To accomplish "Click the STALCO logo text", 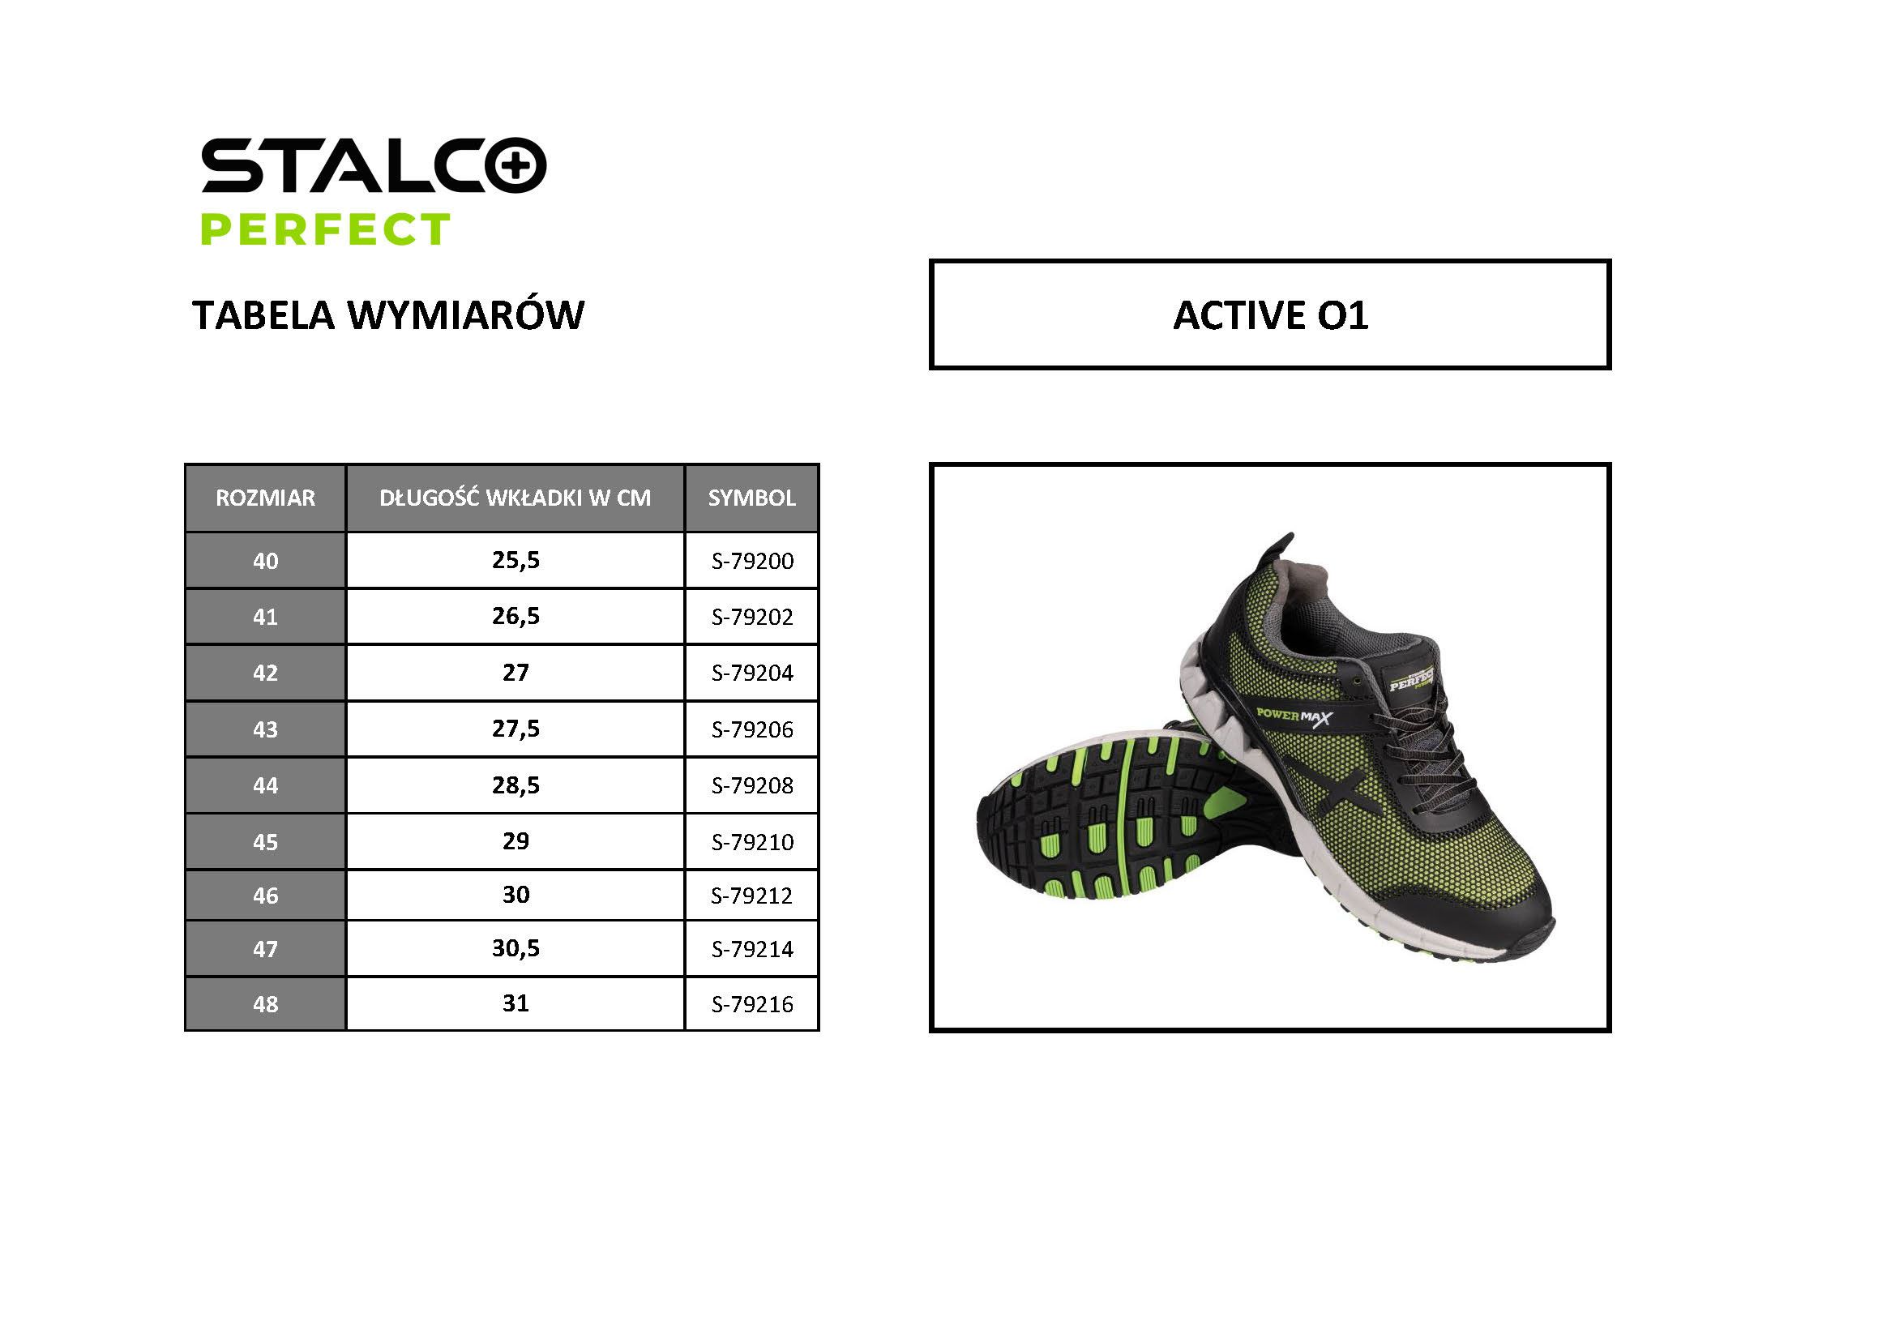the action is pyautogui.click(x=373, y=165).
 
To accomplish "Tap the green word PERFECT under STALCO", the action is pyautogui.click(x=326, y=229).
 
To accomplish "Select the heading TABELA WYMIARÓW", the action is pyautogui.click(x=388, y=314).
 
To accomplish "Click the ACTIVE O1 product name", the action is pyautogui.click(x=1270, y=314).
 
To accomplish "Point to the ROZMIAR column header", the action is pyautogui.click(x=265, y=498).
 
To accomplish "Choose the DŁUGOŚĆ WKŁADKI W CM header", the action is pyautogui.click(x=515, y=498).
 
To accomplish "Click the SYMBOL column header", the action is pyautogui.click(x=752, y=498).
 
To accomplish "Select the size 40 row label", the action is pyautogui.click(x=265, y=562).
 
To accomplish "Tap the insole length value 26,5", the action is pyautogui.click(x=515, y=617).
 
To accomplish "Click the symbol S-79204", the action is pyautogui.click(x=752, y=673).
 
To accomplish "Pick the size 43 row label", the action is pyautogui.click(x=265, y=729).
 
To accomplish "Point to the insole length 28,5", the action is pyautogui.click(x=515, y=785).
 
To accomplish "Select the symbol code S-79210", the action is pyautogui.click(x=752, y=842).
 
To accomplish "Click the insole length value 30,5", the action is pyautogui.click(x=515, y=947).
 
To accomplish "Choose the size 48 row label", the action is pyautogui.click(x=265, y=1005).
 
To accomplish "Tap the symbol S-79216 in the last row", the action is pyautogui.click(x=752, y=1005).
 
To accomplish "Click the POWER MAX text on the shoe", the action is pyautogui.click(x=1293, y=716).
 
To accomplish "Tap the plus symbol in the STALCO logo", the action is pyautogui.click(x=515, y=166).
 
